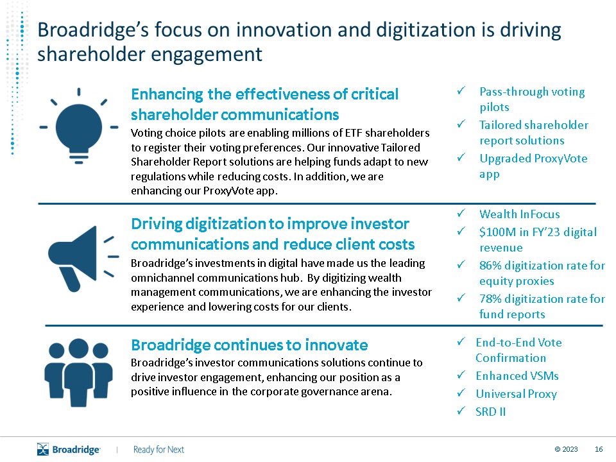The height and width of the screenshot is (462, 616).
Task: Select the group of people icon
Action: pyautogui.click(x=78, y=372)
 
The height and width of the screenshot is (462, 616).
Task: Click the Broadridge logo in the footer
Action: pyautogui.click(x=69, y=449)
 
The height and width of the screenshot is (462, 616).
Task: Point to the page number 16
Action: pyautogui.click(x=599, y=449)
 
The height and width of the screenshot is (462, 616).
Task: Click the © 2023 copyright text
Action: pyautogui.click(x=566, y=449)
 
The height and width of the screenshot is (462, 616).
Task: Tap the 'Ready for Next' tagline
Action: pyautogui.click(x=158, y=449)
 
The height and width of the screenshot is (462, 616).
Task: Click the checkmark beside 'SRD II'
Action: pyautogui.click(x=461, y=411)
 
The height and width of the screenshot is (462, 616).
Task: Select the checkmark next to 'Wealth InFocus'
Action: pyautogui.click(x=461, y=213)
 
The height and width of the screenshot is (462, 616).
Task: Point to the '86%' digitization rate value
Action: pyautogui.click(x=490, y=266)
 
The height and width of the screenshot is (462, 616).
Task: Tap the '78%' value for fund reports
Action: pyautogui.click(x=490, y=299)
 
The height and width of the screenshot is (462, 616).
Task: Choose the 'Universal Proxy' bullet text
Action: pyautogui.click(x=516, y=394)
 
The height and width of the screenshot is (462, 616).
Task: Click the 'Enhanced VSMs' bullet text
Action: pyautogui.click(x=517, y=376)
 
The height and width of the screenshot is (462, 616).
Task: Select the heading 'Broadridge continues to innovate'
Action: pyautogui.click(x=250, y=345)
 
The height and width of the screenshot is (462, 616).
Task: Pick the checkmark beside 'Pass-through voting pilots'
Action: pyautogui.click(x=461, y=90)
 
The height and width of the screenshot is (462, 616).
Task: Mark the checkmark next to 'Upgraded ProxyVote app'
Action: pyautogui.click(x=461, y=158)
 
